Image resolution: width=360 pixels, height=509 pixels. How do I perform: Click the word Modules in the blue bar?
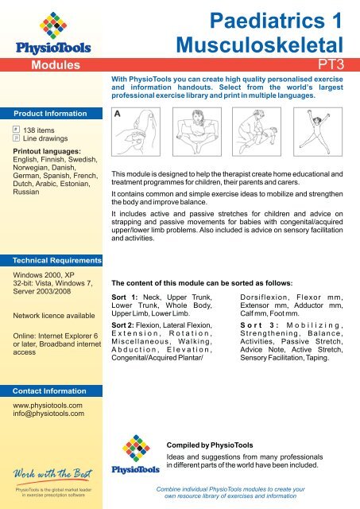[53, 64]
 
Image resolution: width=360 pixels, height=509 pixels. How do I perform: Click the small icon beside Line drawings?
[14, 138]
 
